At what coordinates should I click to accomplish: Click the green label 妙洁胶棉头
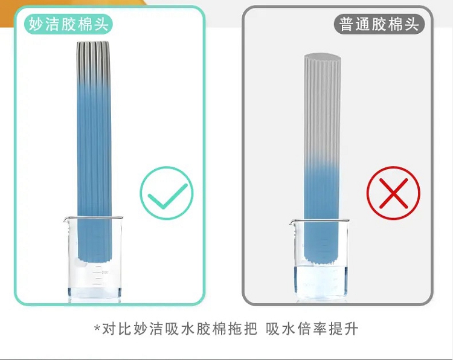(x=68, y=24)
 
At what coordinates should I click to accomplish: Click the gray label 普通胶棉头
(x=379, y=24)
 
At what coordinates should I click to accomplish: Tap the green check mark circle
(x=167, y=193)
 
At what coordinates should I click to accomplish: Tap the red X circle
(x=393, y=193)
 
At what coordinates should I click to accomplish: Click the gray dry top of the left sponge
(x=93, y=60)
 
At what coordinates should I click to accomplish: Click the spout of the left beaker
(x=66, y=220)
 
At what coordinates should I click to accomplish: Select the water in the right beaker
(x=321, y=281)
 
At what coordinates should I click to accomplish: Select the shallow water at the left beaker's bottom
(x=94, y=294)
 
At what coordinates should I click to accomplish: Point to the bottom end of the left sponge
(x=94, y=259)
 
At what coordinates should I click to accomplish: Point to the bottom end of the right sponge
(x=321, y=261)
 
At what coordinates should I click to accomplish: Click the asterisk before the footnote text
(x=97, y=328)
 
